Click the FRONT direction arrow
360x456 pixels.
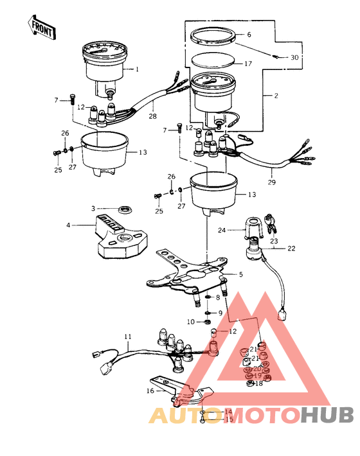pos(40,26)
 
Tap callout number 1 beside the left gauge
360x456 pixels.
pos(136,68)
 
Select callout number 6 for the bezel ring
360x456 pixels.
pos(250,36)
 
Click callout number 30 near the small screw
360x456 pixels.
pos(294,58)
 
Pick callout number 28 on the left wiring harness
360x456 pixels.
pos(153,116)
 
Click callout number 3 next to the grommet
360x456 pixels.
pos(93,209)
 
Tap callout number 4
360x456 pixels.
pos(68,225)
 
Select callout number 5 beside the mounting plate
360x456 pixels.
pos(240,274)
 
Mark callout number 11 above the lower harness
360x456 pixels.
pos(128,336)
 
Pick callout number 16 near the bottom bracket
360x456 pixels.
pos(150,390)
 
